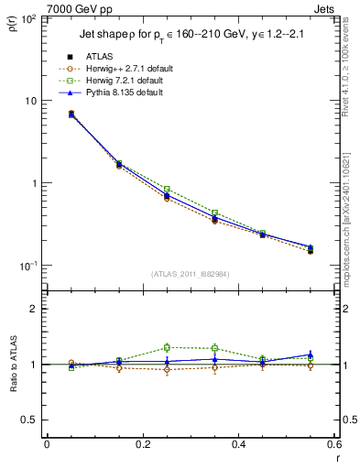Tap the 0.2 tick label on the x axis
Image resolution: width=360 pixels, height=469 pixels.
coord(142,444)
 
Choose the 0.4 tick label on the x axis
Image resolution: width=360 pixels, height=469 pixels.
coord(238,444)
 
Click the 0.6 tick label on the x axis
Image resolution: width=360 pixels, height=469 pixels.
coord(333,444)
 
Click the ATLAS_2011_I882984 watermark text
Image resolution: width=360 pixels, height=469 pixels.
coord(190,275)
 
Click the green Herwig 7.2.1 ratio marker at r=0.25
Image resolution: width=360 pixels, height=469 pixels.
coord(167,347)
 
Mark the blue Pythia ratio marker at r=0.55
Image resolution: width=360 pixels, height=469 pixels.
coord(311,354)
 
